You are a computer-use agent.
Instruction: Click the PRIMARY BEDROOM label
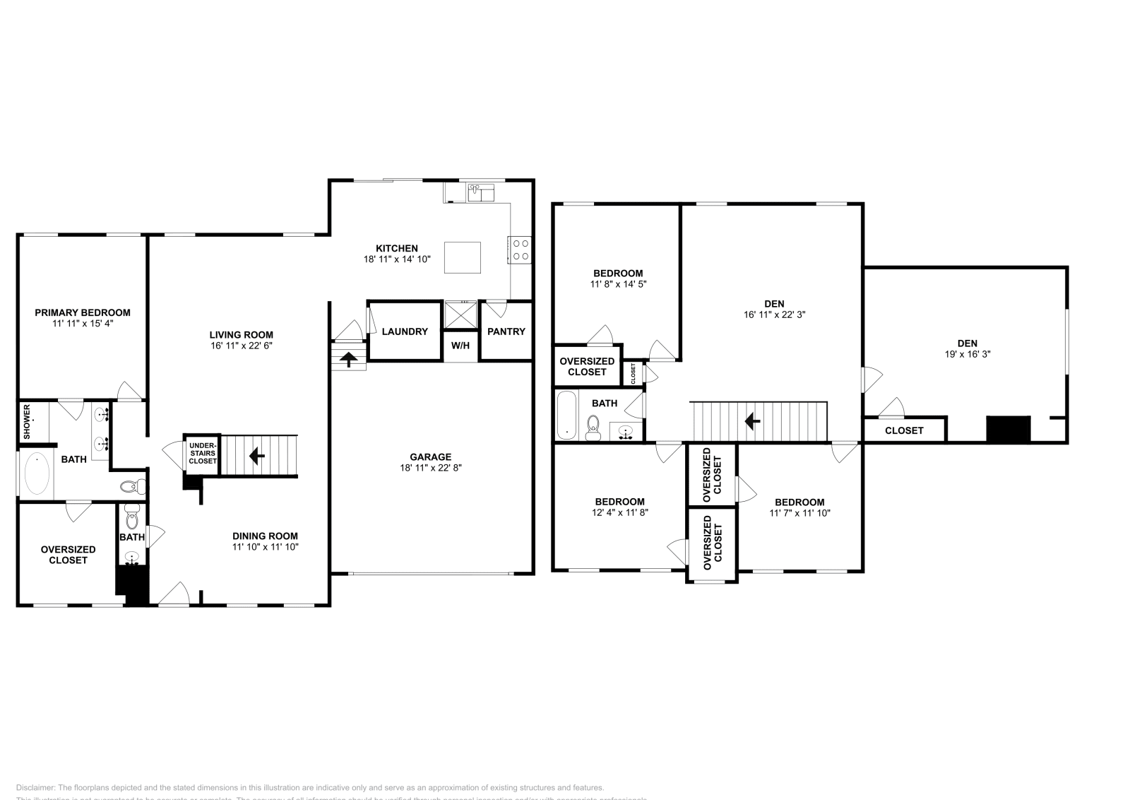(83, 312)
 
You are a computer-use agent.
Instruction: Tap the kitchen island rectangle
(462, 257)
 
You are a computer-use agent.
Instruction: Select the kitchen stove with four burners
(521, 249)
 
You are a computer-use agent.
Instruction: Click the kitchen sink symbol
(481, 191)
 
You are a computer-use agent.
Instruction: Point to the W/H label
(460, 346)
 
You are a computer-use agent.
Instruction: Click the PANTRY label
(506, 331)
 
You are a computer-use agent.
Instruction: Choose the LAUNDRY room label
(405, 331)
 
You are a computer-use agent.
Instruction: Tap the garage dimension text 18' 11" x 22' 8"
(430, 467)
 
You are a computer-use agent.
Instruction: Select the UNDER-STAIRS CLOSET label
(203, 453)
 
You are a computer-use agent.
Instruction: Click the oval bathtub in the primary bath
(37, 474)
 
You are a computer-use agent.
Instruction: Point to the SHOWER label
(27, 421)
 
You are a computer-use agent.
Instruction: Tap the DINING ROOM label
(265, 536)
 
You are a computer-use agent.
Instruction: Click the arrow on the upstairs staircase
(753, 422)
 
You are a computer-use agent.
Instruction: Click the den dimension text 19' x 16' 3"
(968, 354)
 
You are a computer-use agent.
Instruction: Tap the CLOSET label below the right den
(904, 430)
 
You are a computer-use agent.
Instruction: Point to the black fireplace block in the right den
(1008, 429)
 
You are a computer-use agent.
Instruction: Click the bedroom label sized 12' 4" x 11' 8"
(619, 502)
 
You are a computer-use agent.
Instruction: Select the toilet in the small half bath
(131, 522)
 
